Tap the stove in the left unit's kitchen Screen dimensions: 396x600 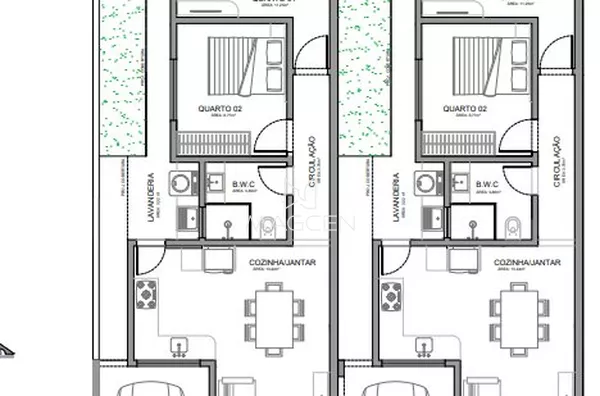point(146,294)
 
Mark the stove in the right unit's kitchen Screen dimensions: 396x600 point(392,294)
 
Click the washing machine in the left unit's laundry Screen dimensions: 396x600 point(181,183)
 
